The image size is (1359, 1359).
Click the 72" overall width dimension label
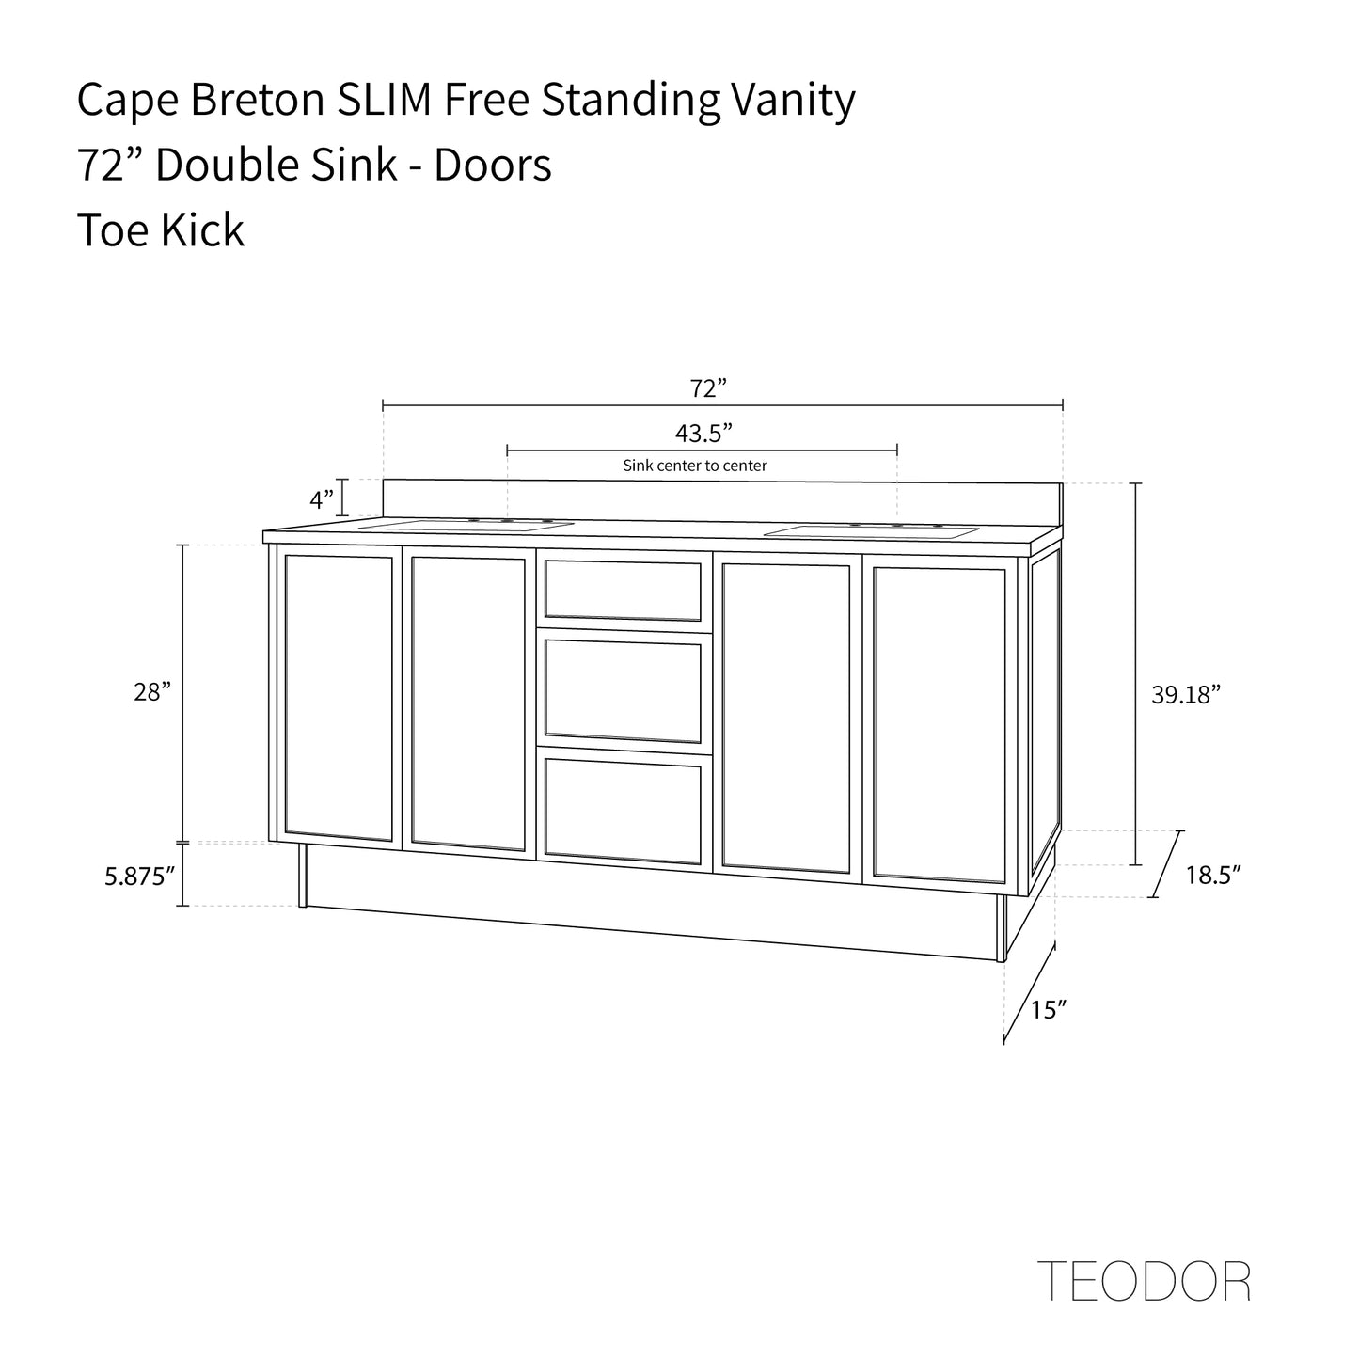[x=709, y=388]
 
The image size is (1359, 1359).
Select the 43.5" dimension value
[x=703, y=434]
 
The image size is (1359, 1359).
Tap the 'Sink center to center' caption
[x=695, y=466]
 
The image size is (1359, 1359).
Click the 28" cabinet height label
[x=152, y=693]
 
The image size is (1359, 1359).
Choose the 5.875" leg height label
[x=140, y=877]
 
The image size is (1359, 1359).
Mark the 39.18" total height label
[x=1185, y=695]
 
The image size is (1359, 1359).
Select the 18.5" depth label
[x=1212, y=875]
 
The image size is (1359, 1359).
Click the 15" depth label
[x=1048, y=1010]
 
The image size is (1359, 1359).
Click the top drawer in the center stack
[x=623, y=591]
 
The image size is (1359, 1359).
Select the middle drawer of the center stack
[x=623, y=690]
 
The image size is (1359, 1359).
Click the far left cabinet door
[x=338, y=697]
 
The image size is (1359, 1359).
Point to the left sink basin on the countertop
[x=467, y=525]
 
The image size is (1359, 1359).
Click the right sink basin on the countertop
[x=870, y=532]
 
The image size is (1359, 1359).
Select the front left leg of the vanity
[x=303, y=875]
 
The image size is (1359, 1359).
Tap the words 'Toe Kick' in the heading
[x=160, y=230]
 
